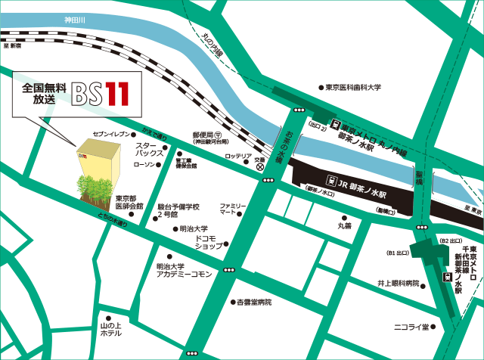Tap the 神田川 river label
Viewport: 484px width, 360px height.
click(x=76, y=19)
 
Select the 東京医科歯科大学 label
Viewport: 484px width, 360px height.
click(x=355, y=87)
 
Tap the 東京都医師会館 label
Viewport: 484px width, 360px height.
click(x=129, y=202)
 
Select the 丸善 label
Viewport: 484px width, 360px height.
click(x=344, y=225)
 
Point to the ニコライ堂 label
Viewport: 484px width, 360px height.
click(x=411, y=327)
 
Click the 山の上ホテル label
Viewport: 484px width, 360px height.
click(x=105, y=330)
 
